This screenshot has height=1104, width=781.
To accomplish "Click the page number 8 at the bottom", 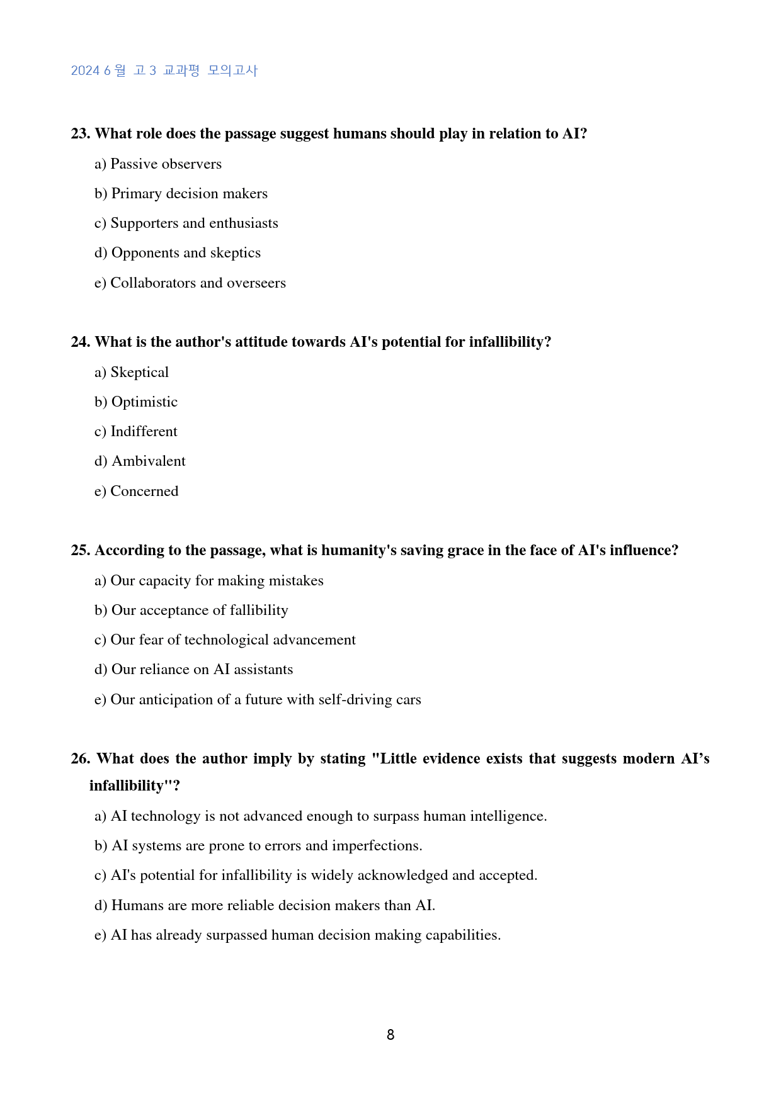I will point(390,1035).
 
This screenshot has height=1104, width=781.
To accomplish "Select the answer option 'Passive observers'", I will point(158,164).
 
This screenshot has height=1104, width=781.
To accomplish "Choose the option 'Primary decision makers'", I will point(181,194).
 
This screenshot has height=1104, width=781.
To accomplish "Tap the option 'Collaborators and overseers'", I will point(190,283).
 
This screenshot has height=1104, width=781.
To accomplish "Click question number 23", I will point(81,134).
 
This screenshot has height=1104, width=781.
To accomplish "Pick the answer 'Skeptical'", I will point(132,373).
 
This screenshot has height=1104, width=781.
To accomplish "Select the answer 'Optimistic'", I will point(136,402).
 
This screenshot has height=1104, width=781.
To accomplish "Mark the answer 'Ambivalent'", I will point(140,461).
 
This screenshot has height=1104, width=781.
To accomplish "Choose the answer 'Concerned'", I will point(136,492).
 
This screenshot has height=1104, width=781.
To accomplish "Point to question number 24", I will point(81,342).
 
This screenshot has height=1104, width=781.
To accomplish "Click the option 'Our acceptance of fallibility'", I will point(191,611).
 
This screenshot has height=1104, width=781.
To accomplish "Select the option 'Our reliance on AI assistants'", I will point(194,670).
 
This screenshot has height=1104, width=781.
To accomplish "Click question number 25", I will point(81,551).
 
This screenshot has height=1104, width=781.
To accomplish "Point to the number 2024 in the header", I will point(85,70).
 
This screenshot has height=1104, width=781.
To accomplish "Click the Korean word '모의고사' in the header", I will point(232,70).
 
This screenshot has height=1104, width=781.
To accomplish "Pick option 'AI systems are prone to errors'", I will point(258,846).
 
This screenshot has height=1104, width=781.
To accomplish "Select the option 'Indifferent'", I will point(136,432).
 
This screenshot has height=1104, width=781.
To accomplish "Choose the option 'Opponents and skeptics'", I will point(178,253).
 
